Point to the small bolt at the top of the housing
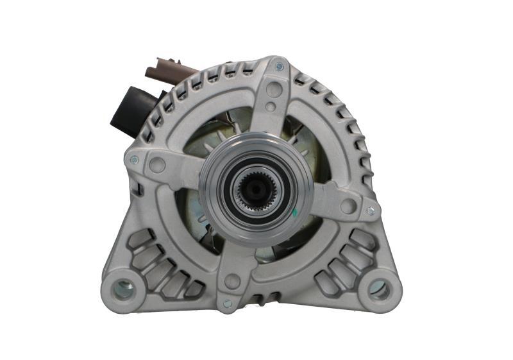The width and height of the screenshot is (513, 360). (x=279, y=67)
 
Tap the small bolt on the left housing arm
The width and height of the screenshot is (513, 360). (x=134, y=160)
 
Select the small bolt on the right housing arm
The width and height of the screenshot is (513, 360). (x=370, y=210)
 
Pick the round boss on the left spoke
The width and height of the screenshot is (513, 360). (x=156, y=166)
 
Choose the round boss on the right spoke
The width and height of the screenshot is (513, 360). (x=348, y=205)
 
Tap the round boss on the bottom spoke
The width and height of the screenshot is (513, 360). (x=232, y=281)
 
